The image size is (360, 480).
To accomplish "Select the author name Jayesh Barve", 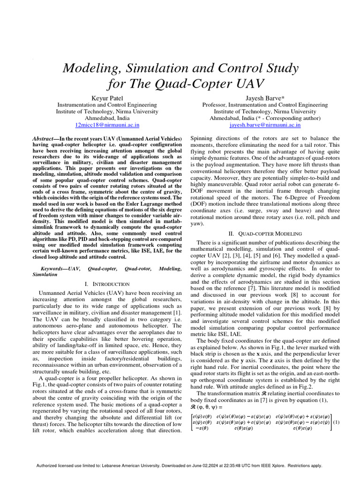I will pyautogui.click(x=261, y=97).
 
